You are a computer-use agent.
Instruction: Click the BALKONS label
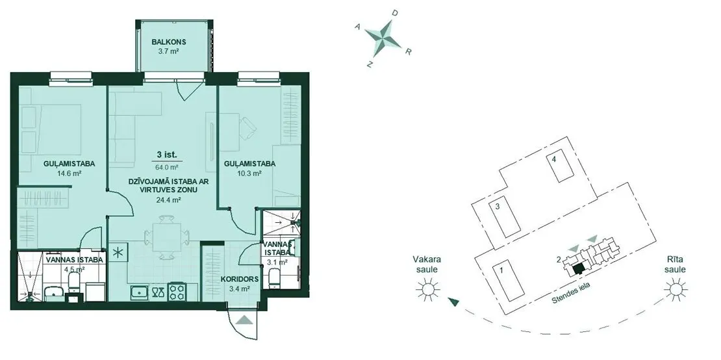[169, 43]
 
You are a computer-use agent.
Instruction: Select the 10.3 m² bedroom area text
[249, 174]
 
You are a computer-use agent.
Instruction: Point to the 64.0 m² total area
[169, 168]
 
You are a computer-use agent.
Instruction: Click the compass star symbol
[383, 38]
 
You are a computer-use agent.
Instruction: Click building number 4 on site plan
[554, 160]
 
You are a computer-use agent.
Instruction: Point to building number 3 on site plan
[498, 207]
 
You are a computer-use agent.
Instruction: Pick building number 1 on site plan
[501, 270]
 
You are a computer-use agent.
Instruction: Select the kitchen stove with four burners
[177, 290]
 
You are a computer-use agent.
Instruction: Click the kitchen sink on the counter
[138, 292]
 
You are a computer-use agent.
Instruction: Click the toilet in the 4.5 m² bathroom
[73, 286]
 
